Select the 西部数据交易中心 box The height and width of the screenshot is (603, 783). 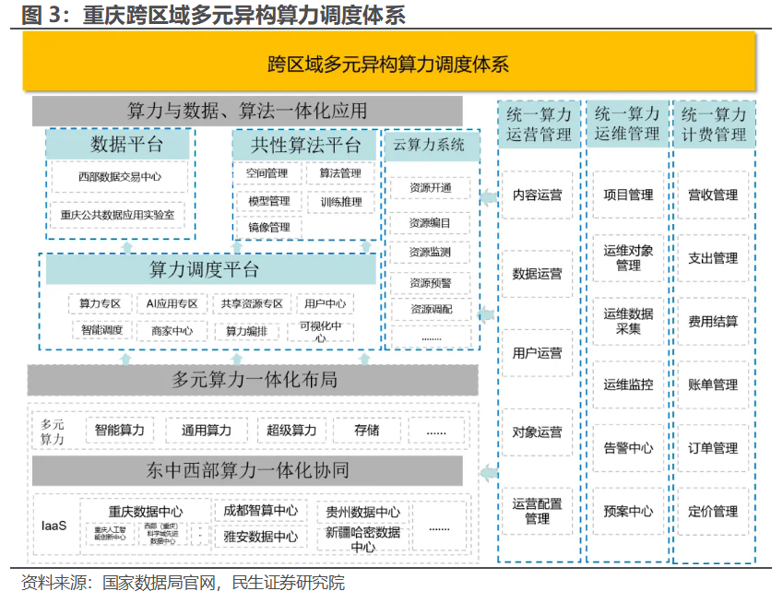(120, 177)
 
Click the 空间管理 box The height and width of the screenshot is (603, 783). (267, 173)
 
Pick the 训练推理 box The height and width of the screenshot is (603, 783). (340, 201)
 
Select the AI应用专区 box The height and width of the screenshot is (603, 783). (172, 303)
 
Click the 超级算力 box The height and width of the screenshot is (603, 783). (291, 430)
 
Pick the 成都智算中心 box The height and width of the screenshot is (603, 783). (261, 510)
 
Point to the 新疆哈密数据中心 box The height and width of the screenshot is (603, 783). (362, 539)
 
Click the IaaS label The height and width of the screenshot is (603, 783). (53, 526)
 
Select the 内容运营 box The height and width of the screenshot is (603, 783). (538, 195)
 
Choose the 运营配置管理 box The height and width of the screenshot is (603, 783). (538, 511)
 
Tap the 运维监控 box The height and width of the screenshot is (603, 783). (628, 384)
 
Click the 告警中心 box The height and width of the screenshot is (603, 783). (628, 448)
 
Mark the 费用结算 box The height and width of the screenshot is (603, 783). (713, 321)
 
